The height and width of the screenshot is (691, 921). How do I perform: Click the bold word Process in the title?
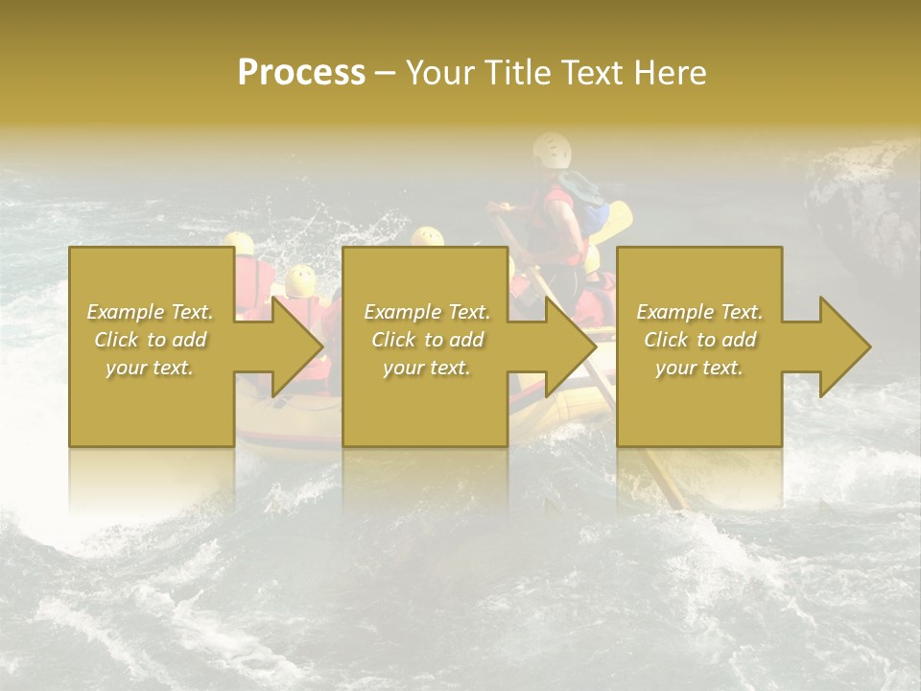301,72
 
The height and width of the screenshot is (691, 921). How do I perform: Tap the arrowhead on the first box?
297,346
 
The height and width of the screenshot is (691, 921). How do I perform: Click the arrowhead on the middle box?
572,346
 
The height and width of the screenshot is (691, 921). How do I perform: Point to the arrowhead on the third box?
845,346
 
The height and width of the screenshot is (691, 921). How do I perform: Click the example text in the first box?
151,340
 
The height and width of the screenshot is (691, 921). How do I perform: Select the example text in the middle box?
427,340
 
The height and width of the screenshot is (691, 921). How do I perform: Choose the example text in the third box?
699,340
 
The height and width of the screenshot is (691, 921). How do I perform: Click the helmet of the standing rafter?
552,150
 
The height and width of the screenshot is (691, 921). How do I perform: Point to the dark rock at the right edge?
863,211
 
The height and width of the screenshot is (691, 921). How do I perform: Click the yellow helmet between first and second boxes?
300,280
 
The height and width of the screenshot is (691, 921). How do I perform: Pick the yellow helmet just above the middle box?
427,236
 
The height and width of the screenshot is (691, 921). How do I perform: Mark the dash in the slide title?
385,72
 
